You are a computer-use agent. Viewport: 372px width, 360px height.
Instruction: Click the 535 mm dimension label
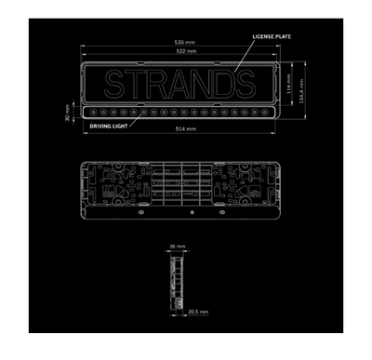[x=178, y=43]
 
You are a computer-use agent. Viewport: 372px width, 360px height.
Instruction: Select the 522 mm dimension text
[x=178, y=52]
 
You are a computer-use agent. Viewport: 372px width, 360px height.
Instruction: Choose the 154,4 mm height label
[x=301, y=89]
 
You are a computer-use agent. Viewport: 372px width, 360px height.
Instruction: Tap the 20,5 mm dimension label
[x=196, y=312]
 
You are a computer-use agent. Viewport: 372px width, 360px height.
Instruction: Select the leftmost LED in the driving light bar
[x=91, y=113]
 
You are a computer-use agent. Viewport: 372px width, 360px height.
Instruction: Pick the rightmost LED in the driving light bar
[x=267, y=113]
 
